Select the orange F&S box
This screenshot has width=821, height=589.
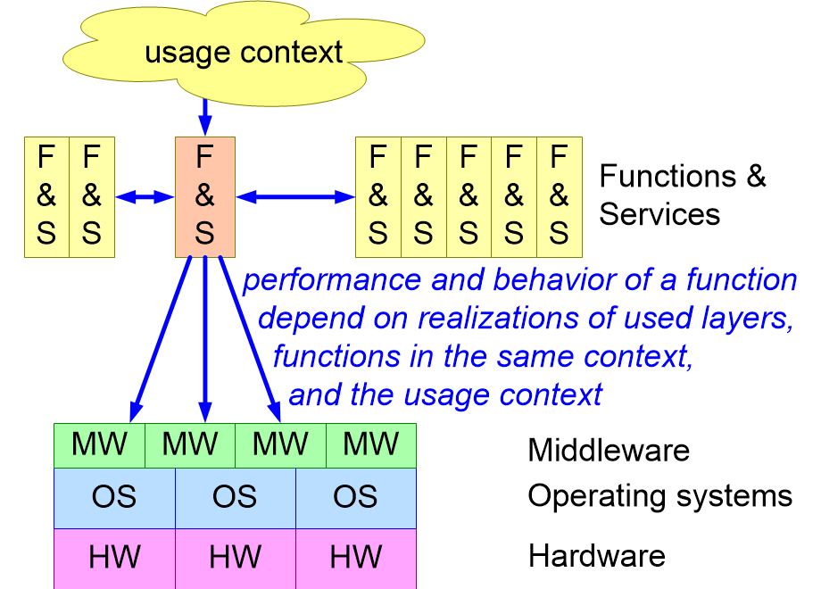[x=205, y=195]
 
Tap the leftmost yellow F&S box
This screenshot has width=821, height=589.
[x=46, y=196]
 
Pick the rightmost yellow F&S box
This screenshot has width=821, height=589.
[x=559, y=195]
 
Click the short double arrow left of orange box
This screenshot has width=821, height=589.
[x=145, y=196]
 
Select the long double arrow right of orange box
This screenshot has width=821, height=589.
[x=295, y=196]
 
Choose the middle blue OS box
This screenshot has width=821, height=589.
[x=235, y=497]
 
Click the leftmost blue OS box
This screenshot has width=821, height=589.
[x=114, y=497]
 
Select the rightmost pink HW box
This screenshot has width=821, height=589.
[x=356, y=558]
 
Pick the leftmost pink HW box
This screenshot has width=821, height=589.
[x=114, y=558]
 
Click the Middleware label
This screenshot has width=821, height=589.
[x=609, y=449]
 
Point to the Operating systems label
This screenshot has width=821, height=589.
[x=659, y=495]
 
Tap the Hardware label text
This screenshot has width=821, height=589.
[x=596, y=556]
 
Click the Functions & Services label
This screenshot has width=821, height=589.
[x=682, y=195]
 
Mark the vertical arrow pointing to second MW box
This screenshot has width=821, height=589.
[x=205, y=339]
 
